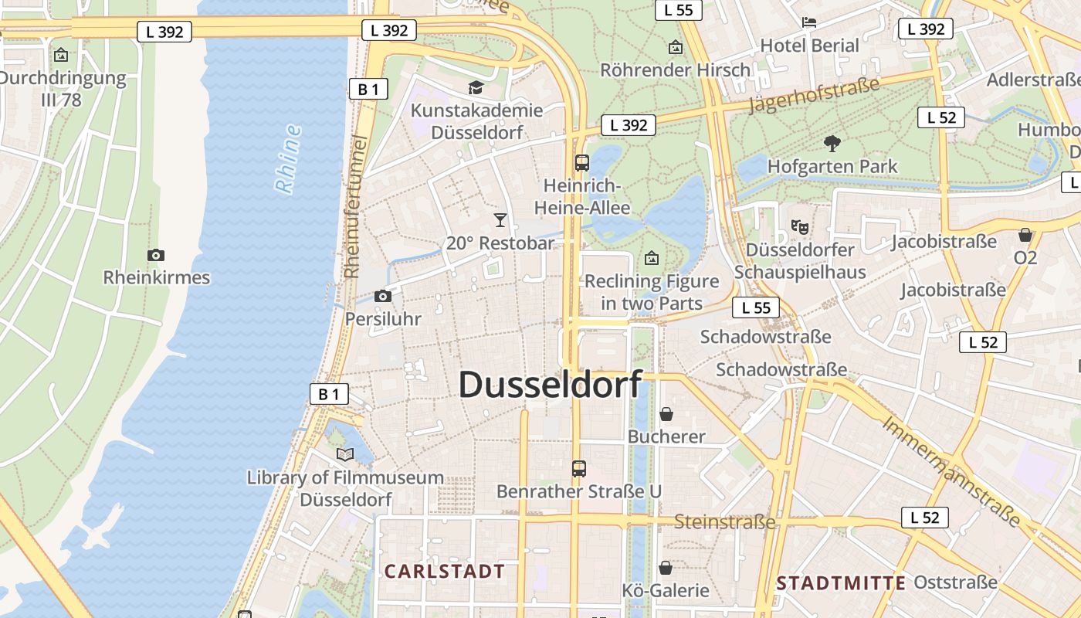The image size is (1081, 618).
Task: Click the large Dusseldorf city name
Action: [550, 385]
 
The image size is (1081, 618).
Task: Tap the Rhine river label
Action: [288, 158]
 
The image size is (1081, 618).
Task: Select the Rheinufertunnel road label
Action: [354, 207]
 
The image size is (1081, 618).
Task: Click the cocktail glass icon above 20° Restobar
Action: [500, 220]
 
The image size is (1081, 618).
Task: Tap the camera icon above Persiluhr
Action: [382, 296]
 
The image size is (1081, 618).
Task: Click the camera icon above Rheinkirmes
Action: [156, 255]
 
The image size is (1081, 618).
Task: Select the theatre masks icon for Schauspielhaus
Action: [800, 227]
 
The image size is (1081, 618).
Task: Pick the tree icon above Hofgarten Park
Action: [832, 143]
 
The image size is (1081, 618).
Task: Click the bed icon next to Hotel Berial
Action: [809, 22]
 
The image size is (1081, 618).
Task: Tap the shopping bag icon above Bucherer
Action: [666, 414]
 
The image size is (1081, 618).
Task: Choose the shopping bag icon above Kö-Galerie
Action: [666, 569]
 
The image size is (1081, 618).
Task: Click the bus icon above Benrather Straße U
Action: [578, 468]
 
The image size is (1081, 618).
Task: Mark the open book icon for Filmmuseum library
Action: [345, 455]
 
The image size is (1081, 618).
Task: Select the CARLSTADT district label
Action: [445, 572]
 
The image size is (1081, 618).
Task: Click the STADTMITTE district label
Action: [841, 583]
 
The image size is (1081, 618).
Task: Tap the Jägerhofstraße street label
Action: [814, 95]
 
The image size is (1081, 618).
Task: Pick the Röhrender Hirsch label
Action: [675, 70]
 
